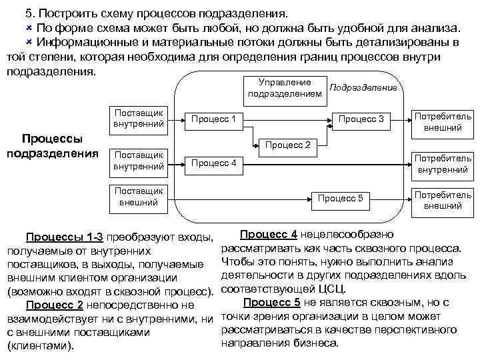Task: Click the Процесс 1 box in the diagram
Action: [214, 120]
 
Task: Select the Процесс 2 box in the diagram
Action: [289, 145]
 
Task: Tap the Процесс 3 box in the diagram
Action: [361, 119]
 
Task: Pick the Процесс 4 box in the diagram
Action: [214, 163]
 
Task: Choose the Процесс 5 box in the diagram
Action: [340, 198]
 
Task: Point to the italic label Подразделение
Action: [364, 87]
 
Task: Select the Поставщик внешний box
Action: [138, 196]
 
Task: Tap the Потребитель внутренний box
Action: [443, 164]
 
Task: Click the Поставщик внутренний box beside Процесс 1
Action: [138, 119]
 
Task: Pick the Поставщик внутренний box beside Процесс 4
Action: [138, 161]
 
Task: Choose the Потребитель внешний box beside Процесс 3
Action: [443, 121]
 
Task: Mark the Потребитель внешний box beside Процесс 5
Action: [443, 199]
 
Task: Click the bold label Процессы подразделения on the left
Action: [52, 146]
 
